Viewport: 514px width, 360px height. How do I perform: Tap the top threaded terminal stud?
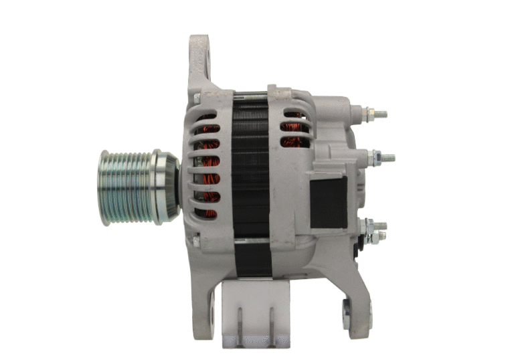(379, 114)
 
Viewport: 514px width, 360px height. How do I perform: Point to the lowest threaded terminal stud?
(379, 226)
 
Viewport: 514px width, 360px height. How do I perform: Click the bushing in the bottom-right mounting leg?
(349, 313)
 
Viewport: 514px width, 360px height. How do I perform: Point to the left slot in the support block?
(238, 320)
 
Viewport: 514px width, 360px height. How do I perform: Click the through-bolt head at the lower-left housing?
(196, 239)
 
